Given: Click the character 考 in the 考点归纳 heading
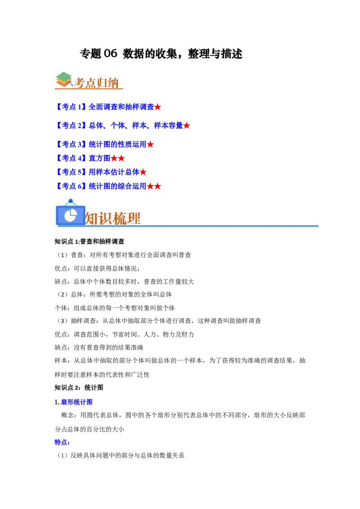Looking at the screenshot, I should [x=80, y=83].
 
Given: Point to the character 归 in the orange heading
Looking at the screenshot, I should [x=103, y=83].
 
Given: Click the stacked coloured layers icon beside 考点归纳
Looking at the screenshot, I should [x=63, y=79].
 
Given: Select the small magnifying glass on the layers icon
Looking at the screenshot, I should [x=69, y=81].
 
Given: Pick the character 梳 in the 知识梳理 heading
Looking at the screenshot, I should [x=120, y=219].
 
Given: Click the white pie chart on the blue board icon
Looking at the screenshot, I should [x=70, y=216].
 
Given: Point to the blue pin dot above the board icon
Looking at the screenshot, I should [x=71, y=201].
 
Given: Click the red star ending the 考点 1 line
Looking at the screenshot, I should [x=158, y=107].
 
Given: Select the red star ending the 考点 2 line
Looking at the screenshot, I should [x=187, y=126].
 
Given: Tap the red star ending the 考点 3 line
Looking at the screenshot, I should [x=150, y=145].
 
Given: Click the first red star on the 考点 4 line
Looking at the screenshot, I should [x=114, y=158].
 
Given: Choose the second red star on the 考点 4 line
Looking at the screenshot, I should [x=121, y=158].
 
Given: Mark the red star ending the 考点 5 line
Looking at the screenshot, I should [x=143, y=172].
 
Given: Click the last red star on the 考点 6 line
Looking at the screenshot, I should [x=158, y=186].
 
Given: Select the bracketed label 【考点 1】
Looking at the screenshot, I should [x=72, y=107].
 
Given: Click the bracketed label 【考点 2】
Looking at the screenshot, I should [x=72, y=125].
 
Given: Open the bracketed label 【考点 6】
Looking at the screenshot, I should [x=72, y=186].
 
